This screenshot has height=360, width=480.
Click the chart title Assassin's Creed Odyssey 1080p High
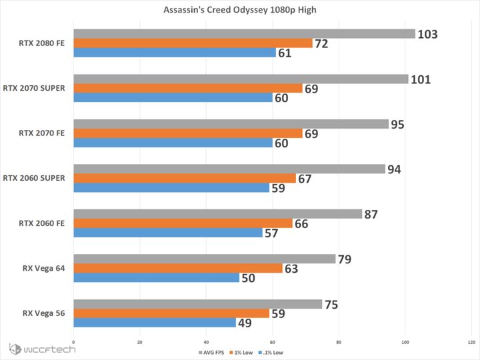point(240,10)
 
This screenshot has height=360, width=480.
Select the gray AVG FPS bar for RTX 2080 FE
point(244,33)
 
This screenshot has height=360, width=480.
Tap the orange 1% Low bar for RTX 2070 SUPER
point(188,88)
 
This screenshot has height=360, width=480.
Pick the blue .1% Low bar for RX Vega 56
point(155,323)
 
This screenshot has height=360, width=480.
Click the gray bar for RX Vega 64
point(205,259)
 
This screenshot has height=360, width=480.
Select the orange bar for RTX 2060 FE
point(183,223)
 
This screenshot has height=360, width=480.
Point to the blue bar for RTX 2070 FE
point(173,143)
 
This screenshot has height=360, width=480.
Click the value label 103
point(427,34)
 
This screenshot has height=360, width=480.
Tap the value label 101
point(421,79)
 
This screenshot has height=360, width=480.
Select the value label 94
point(394,169)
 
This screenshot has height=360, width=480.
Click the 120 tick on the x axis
point(471,343)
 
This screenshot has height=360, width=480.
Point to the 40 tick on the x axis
point(206,343)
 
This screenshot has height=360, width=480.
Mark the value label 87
point(371,215)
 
